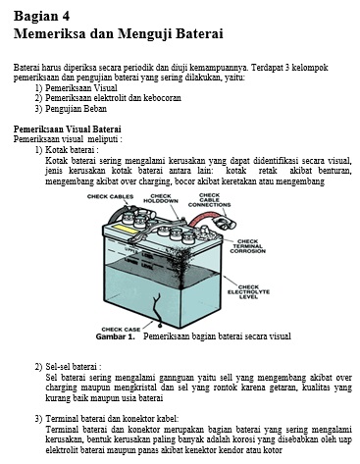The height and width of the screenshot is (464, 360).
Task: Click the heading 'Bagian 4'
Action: (x=41, y=16)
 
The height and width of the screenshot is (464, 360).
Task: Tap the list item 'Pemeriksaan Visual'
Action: (x=81, y=88)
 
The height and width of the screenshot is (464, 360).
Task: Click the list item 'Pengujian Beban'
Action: (x=76, y=109)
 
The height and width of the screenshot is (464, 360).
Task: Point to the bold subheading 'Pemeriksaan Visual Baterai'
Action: (x=67, y=129)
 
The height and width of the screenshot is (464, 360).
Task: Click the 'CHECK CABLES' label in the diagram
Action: (x=110, y=196)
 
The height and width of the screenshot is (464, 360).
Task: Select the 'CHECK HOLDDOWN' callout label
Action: (x=161, y=199)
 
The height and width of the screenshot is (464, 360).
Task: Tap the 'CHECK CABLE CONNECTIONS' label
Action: (x=209, y=200)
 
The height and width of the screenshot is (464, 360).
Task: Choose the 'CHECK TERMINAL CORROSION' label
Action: (x=247, y=246)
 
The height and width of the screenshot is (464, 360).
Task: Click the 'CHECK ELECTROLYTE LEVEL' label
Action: (x=248, y=292)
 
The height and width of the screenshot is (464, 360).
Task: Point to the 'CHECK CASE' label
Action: (x=121, y=330)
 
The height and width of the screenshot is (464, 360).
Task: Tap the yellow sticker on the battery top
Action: (x=125, y=229)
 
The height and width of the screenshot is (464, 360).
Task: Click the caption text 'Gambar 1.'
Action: (x=116, y=336)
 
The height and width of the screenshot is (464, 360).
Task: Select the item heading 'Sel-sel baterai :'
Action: (x=74, y=367)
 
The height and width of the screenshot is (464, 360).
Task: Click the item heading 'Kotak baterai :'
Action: (x=72, y=150)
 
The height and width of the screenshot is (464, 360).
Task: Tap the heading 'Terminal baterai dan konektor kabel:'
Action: (x=112, y=419)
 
